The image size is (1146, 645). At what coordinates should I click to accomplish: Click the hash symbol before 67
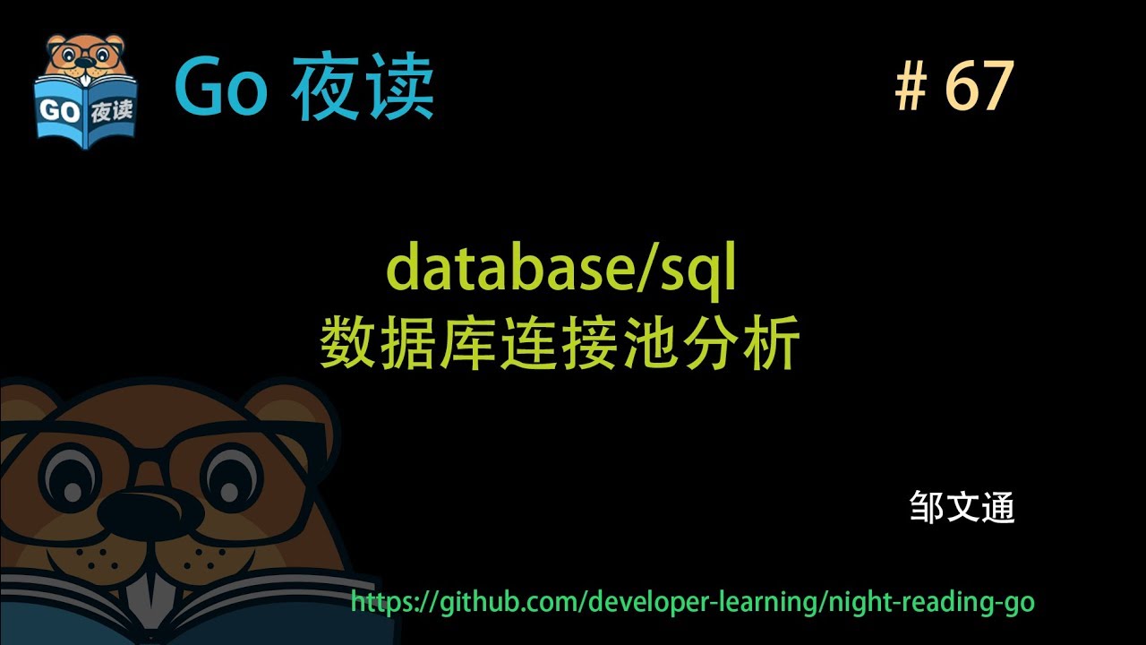910,89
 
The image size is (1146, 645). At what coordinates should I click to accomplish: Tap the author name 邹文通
962,508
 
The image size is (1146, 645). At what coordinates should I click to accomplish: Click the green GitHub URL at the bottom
692,601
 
